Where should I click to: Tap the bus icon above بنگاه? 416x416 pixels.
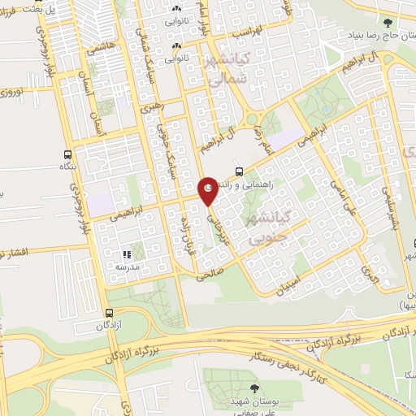click(67, 154)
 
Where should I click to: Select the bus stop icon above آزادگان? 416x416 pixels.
click(108, 313)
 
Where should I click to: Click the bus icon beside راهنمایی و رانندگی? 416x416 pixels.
click(239, 171)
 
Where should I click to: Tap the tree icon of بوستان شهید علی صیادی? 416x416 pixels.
click(255, 388)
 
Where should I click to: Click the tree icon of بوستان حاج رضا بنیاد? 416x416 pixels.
click(388, 24)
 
